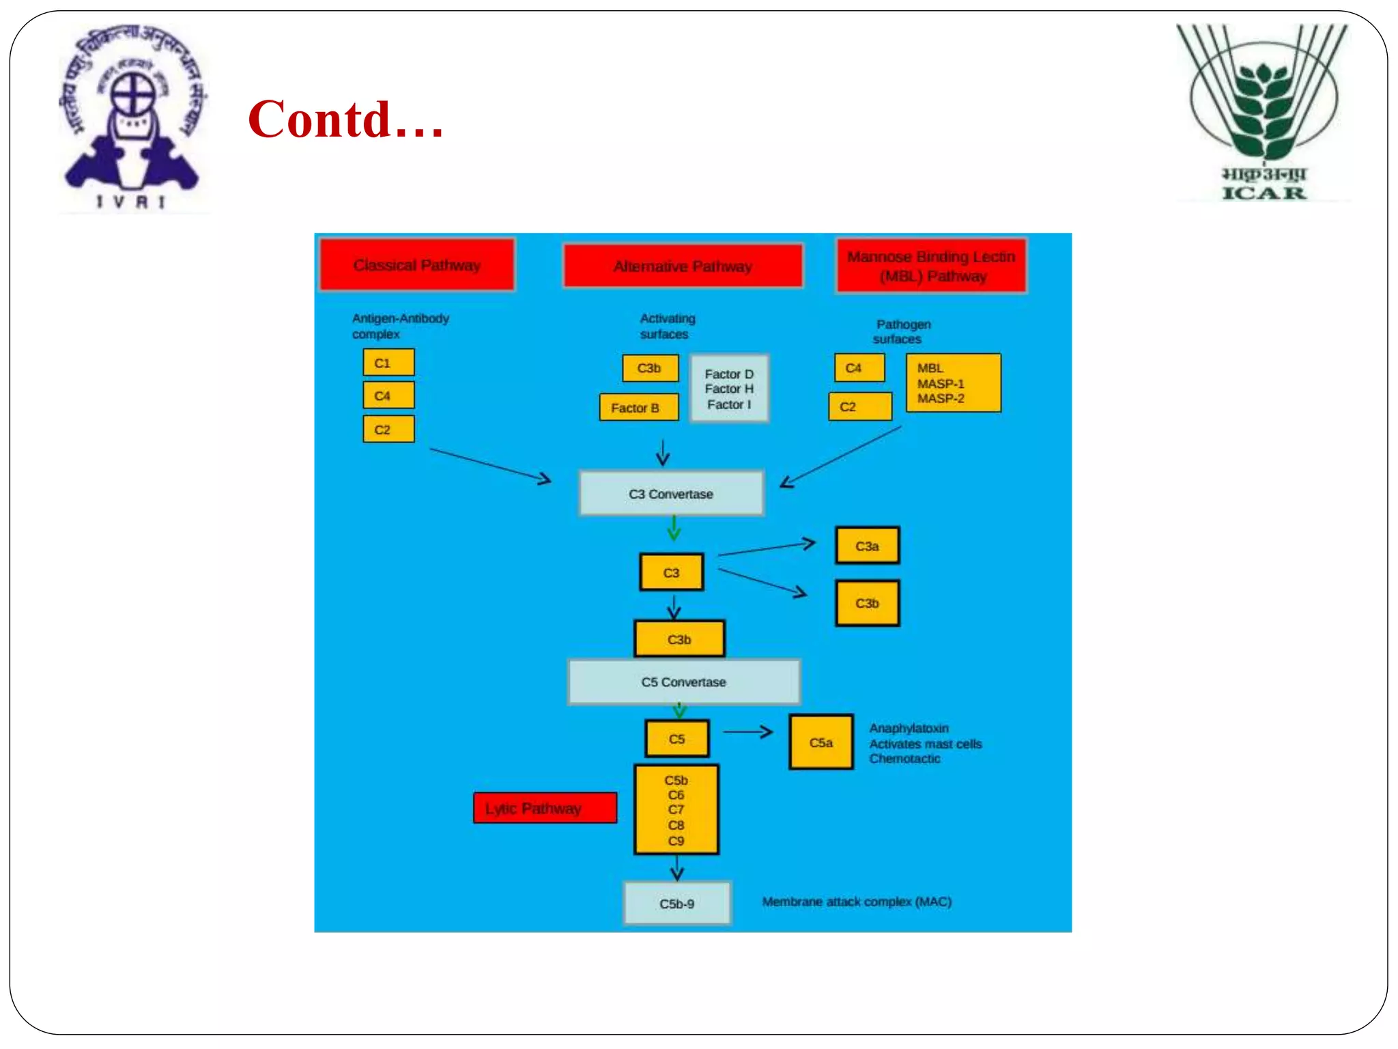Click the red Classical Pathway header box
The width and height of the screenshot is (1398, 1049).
[417, 264]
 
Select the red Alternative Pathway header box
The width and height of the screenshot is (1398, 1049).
[683, 266]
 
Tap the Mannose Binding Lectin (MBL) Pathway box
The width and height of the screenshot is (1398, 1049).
[931, 266]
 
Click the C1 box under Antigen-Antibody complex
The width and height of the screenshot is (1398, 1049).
[388, 363]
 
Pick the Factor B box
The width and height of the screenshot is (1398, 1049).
[639, 408]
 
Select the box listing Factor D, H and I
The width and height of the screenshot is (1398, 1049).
[729, 389]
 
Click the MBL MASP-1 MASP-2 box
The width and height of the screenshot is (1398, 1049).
[953, 383]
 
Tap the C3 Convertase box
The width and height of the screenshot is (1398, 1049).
[671, 493]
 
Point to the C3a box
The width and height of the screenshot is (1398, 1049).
[867, 546]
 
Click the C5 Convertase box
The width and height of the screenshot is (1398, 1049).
[683, 682]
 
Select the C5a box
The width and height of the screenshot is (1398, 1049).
[821, 742]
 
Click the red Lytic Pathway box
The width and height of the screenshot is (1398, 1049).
[545, 808]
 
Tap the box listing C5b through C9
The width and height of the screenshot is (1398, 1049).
[676, 810]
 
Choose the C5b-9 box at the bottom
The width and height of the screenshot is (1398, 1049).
[676, 904]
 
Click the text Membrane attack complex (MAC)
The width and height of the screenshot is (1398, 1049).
[857, 901]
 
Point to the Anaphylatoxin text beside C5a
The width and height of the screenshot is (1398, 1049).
[909, 728]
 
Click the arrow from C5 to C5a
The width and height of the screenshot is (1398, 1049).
[747, 732]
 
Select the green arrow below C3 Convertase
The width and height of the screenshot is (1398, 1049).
[674, 528]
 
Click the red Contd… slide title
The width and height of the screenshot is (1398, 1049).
[345, 120]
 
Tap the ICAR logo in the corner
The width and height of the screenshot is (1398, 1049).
[1264, 113]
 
